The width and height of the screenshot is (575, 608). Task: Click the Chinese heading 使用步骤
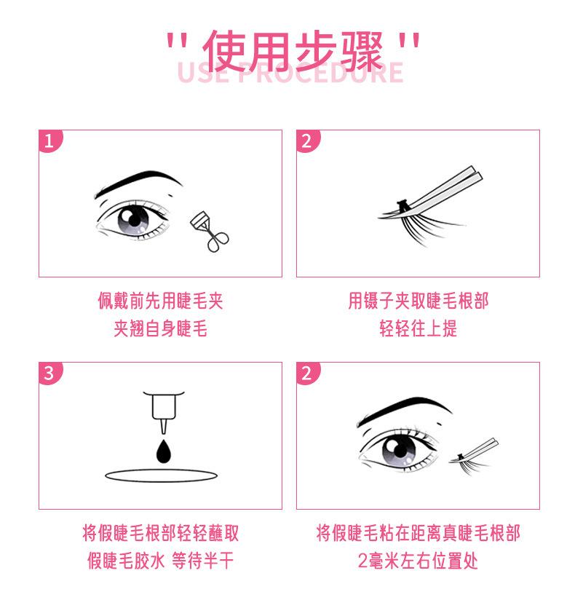[293, 51]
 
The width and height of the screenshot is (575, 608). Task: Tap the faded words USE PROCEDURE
[290, 73]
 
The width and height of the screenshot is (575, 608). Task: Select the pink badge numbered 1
[50, 141]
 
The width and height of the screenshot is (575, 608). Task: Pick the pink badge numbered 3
[50, 374]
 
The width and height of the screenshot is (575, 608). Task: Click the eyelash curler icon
[210, 232]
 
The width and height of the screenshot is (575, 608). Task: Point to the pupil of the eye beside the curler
[134, 219]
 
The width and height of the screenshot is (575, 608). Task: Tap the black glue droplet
[164, 451]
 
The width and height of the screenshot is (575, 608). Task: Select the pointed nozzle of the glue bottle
[164, 427]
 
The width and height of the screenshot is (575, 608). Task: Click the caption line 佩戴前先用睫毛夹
[161, 301]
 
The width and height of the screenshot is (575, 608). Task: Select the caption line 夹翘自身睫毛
[161, 329]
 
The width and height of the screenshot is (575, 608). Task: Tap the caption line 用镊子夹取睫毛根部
[419, 301]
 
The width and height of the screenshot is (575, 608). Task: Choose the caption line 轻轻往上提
[419, 329]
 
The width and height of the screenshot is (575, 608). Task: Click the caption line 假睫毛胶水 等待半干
[161, 561]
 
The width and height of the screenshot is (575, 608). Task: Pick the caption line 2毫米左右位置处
[419, 561]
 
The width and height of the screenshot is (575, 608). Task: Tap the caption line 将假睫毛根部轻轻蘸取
[161, 533]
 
